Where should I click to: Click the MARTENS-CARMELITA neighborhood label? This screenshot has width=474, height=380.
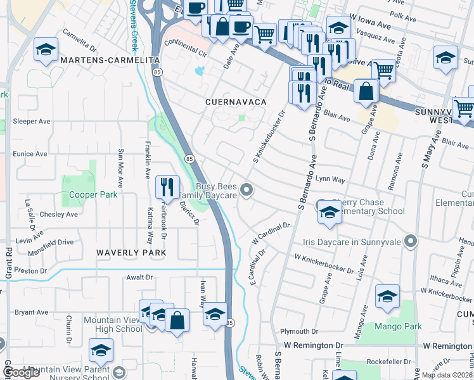pos(110,59)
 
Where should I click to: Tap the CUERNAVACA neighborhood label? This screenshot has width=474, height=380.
pos(235,101)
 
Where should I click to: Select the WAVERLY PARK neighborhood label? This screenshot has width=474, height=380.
pos(131,252)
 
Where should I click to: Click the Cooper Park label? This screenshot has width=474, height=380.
pos(93,195)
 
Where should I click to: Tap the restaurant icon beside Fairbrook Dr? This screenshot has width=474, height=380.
pos(167,186)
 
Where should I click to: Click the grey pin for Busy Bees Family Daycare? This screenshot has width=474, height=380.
pos(250,189)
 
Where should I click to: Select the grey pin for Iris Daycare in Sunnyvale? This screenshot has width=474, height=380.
pos(411,241)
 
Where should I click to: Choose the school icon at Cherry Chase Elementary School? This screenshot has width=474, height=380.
pos(330,214)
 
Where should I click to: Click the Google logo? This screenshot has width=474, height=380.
pos(21,372)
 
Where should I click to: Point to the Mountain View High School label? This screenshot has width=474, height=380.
pos(113,324)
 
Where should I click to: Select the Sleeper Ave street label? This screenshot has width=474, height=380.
pos(31,121)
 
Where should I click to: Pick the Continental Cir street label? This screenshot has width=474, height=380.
pos(186,48)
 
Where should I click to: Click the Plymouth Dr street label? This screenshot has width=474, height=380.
pos(299,331)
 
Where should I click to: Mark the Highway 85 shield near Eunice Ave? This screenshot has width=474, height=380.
pos(189,158)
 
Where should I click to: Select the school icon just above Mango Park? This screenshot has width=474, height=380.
pos(387,296)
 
